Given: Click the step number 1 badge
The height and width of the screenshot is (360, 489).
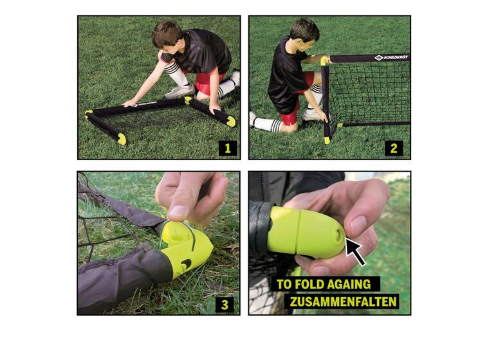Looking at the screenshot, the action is click(228, 148).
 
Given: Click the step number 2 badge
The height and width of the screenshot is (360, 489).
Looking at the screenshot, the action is click(394, 148).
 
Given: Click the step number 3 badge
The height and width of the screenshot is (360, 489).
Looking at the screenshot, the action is click(225, 304).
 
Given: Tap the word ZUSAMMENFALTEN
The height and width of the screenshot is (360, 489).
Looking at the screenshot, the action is click(344, 301).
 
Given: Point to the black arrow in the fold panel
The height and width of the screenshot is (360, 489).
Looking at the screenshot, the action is click(355, 253).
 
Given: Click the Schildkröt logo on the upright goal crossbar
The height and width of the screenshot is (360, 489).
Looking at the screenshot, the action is click(391, 57).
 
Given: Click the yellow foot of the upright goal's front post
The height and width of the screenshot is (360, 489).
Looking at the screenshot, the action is click(327, 140).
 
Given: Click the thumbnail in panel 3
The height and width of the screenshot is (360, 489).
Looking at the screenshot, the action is click(177, 213).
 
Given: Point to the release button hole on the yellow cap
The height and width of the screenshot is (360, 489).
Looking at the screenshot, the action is click(338, 236).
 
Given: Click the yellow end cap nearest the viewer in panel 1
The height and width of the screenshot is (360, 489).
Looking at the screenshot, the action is click(122, 139).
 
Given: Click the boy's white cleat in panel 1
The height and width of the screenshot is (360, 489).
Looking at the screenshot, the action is click(180, 92).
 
